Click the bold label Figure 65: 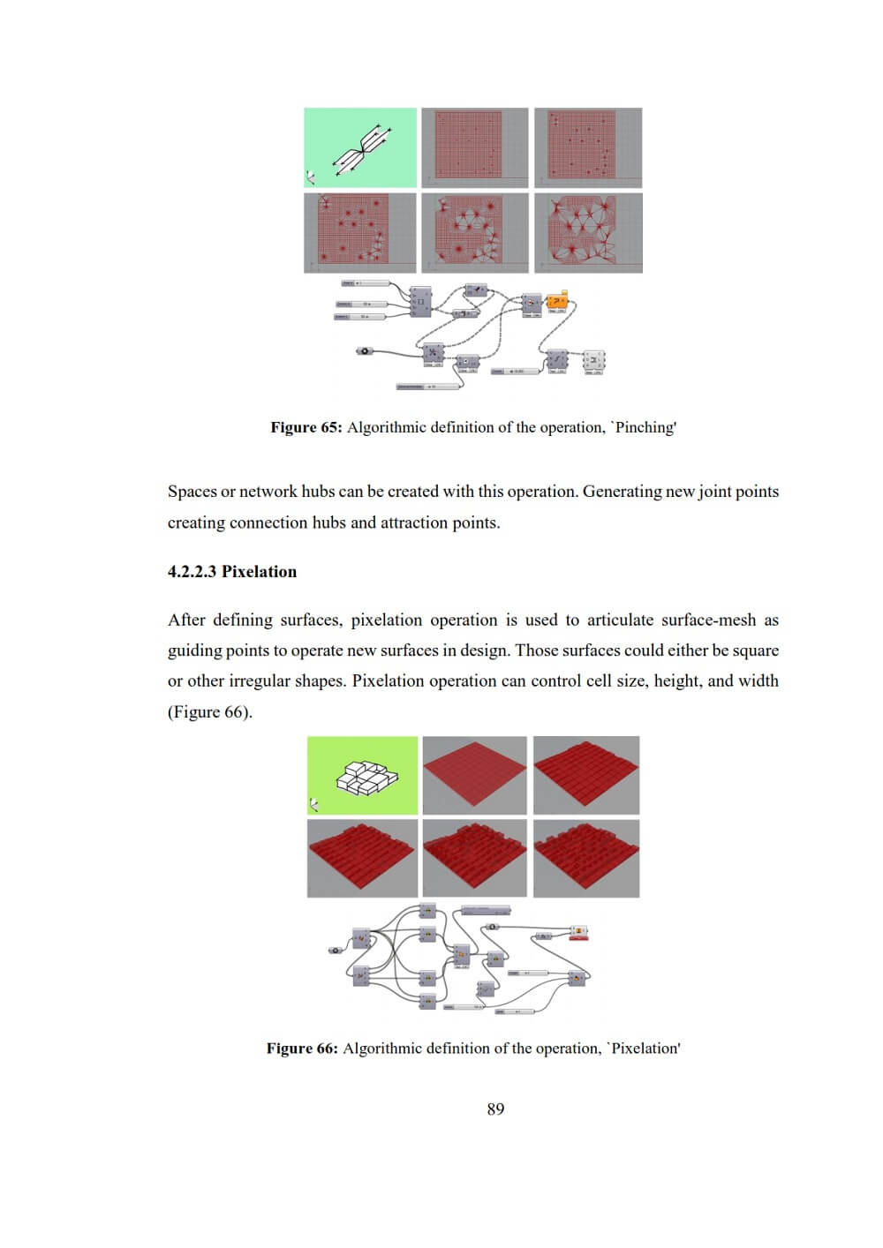tap(306, 427)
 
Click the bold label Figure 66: tap(302, 1049)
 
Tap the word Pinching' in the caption tap(645, 427)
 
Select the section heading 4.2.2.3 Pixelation tap(232, 571)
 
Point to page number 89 tap(495, 1109)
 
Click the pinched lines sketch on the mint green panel tap(361, 148)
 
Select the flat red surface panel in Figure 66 tap(475, 775)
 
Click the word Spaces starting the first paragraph tap(192, 492)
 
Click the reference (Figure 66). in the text tap(210, 712)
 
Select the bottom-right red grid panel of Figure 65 tap(588, 233)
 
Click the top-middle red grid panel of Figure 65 tap(475, 147)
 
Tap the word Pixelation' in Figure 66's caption tap(645, 1049)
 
